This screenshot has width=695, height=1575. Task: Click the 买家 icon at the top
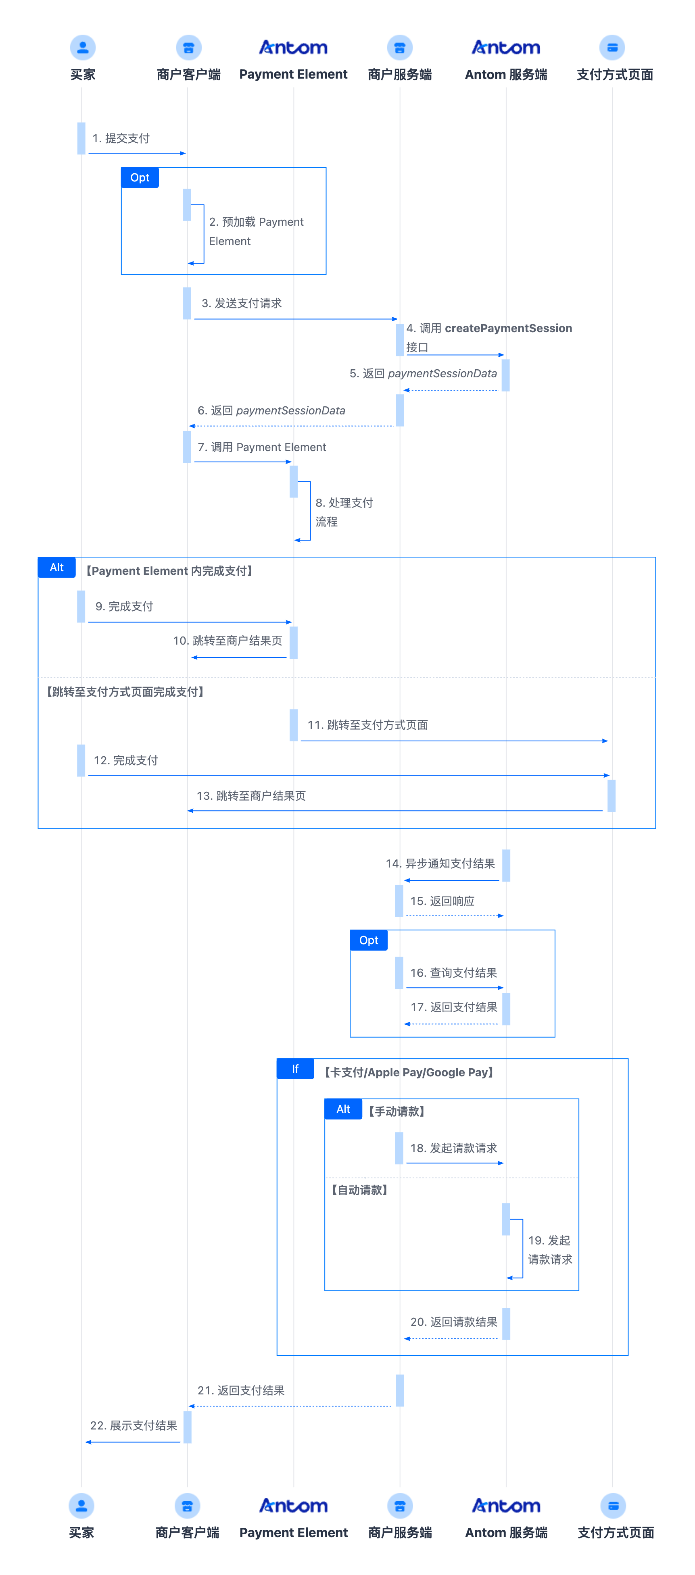click(x=83, y=47)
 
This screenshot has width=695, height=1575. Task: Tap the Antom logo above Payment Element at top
click(x=293, y=47)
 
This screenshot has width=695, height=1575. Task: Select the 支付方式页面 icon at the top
click(x=612, y=47)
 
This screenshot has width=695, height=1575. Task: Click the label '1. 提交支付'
click(x=121, y=138)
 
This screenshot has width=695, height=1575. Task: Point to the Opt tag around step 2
click(x=140, y=177)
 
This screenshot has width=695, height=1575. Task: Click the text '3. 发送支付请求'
click(x=242, y=303)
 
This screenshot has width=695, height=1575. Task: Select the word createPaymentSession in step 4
click(x=508, y=328)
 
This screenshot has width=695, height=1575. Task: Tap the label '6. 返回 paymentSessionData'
click(x=271, y=410)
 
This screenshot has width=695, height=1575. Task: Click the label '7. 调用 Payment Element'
click(x=262, y=447)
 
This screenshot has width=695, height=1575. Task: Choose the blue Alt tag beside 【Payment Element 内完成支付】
click(x=56, y=567)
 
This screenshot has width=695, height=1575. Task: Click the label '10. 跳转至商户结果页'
click(x=227, y=640)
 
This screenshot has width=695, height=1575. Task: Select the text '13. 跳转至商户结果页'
click(x=251, y=795)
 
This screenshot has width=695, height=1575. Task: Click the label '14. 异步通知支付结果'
click(x=440, y=863)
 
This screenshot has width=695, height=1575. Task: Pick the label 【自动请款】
click(x=359, y=1190)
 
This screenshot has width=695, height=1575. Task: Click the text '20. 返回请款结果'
click(x=453, y=1322)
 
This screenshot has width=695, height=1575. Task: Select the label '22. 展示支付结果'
click(x=134, y=1425)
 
